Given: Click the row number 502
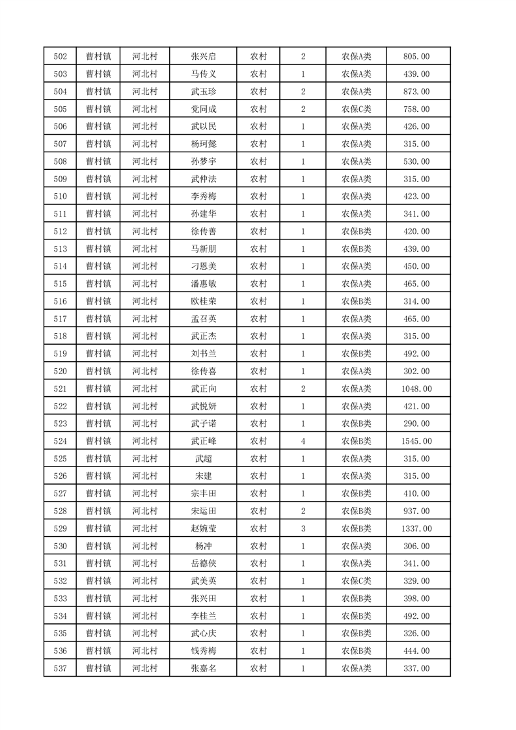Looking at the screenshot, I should pyautogui.click(x=60, y=57).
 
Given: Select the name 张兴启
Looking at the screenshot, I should pyautogui.click(x=203, y=57).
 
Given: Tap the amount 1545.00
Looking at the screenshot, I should pyautogui.click(x=417, y=441).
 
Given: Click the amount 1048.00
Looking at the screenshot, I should pyautogui.click(x=417, y=389).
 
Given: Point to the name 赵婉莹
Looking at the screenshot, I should pyautogui.click(x=203, y=528).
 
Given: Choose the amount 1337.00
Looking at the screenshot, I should pyautogui.click(x=417, y=528).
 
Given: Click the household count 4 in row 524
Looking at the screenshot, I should pyautogui.click(x=303, y=441).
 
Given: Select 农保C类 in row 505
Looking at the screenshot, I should pyautogui.click(x=356, y=109).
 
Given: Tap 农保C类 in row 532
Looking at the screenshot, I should pyautogui.click(x=356, y=581).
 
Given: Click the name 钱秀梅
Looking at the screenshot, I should pyautogui.click(x=203, y=651).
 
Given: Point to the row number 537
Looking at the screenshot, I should pyautogui.click(x=60, y=668).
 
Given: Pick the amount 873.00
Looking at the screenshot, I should pyautogui.click(x=417, y=92).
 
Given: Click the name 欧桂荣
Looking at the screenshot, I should pyautogui.click(x=203, y=301).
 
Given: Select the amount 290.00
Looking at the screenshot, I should pyautogui.click(x=417, y=424).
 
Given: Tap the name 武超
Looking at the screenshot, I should pyautogui.click(x=203, y=459).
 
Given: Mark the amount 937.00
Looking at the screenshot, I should pyautogui.click(x=417, y=511).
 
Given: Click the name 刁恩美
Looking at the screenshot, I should pyautogui.click(x=203, y=266).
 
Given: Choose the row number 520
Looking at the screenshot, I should pyautogui.click(x=60, y=372).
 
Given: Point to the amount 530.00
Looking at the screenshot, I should pyautogui.click(x=417, y=161).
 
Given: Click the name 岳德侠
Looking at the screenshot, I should pyautogui.click(x=203, y=563).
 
